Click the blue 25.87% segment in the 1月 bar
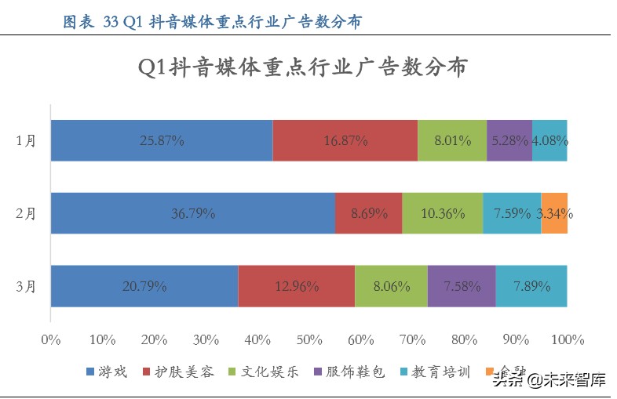[x=162, y=141]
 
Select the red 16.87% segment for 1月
[x=345, y=141]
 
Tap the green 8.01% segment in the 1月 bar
[x=452, y=141]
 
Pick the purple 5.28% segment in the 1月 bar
[x=509, y=141]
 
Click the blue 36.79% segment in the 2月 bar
[x=193, y=213]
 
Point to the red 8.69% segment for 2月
[x=368, y=213]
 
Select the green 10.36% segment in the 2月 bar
[x=442, y=213]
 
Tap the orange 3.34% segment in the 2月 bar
[x=554, y=213]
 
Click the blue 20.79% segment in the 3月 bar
[x=144, y=286]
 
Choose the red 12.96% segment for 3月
[x=297, y=286]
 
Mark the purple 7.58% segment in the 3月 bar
[x=461, y=286]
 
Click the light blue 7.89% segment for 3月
[x=531, y=286]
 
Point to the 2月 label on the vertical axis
[x=26, y=213]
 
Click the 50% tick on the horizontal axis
[x=308, y=339]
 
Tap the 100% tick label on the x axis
[x=568, y=339]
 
